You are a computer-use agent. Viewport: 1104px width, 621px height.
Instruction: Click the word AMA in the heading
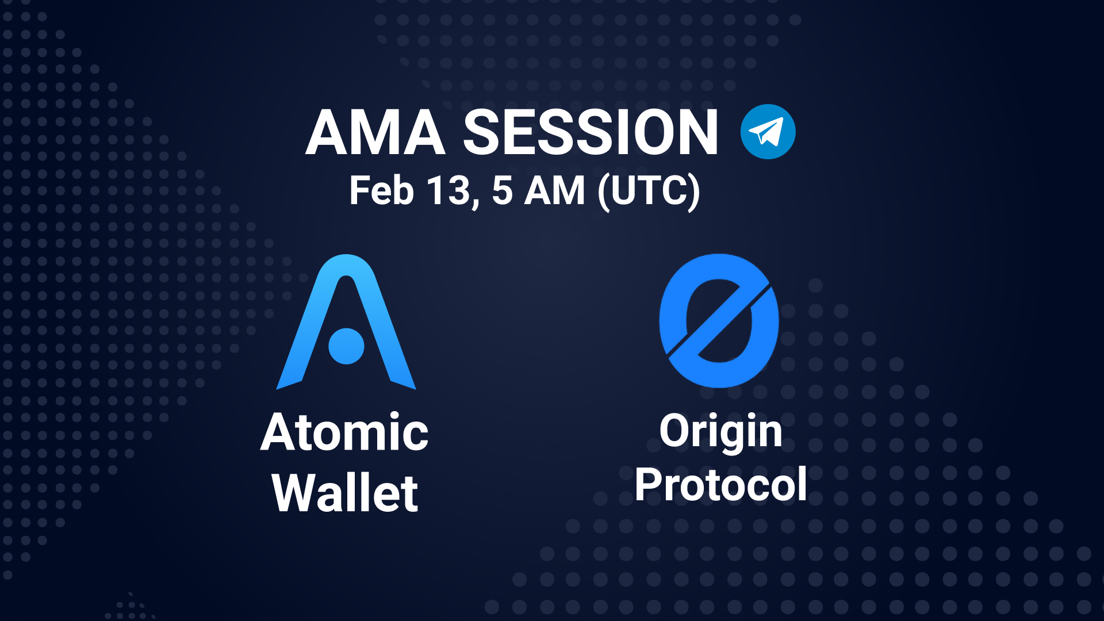[375, 132]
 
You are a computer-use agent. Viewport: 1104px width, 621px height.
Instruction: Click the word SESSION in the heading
[591, 132]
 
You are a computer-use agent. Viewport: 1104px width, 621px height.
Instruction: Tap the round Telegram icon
[768, 132]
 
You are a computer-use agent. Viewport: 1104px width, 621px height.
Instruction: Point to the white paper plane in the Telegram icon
[766, 132]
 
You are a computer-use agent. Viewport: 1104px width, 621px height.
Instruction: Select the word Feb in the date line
[381, 191]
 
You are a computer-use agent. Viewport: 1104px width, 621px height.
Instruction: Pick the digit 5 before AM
[502, 191]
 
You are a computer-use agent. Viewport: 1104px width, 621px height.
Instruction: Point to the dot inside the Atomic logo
[346, 346]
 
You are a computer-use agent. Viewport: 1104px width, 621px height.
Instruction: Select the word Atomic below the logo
[344, 432]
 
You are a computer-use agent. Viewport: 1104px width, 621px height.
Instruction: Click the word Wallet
[345, 493]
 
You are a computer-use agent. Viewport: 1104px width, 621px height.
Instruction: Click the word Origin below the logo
[721, 431]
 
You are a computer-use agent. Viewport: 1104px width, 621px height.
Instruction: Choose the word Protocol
[721, 485]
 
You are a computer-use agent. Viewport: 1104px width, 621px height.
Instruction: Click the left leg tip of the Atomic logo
[278, 388]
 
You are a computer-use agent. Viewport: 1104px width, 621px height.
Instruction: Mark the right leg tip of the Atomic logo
[415, 388]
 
